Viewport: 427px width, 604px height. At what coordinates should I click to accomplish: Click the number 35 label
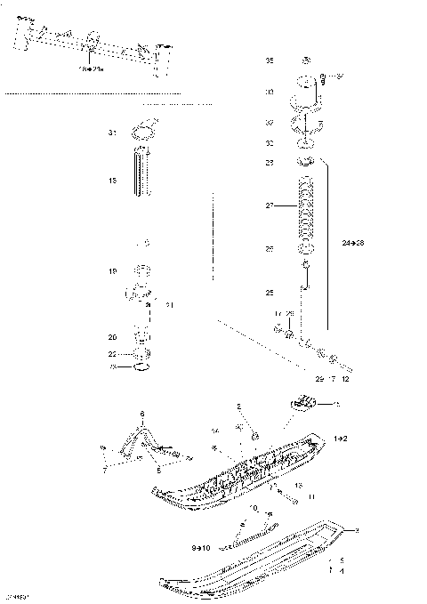tap(270, 60)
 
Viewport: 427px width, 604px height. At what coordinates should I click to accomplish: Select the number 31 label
tap(113, 133)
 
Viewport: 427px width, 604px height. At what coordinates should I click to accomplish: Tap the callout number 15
tap(113, 181)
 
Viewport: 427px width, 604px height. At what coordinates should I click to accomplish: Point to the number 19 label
tap(113, 271)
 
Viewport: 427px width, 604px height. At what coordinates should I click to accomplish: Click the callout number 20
tap(113, 337)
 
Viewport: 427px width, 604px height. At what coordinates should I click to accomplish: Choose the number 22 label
tap(113, 354)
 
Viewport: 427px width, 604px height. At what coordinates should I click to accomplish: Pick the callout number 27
tap(270, 206)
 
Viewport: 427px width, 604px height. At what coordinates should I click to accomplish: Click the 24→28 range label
tap(353, 243)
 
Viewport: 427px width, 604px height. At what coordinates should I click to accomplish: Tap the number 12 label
tap(345, 378)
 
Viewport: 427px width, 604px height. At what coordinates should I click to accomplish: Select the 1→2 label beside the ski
tap(341, 439)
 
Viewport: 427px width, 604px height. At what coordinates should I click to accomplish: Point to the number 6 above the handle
tap(141, 415)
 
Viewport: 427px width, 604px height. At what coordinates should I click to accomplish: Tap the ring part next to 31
tap(140, 134)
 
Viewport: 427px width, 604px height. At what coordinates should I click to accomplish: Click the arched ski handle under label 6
tap(141, 438)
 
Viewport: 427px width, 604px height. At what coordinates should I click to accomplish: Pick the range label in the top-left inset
tap(93, 67)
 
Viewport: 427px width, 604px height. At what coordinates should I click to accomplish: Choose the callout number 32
tap(270, 123)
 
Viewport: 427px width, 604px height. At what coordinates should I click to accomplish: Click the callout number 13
tap(300, 485)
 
